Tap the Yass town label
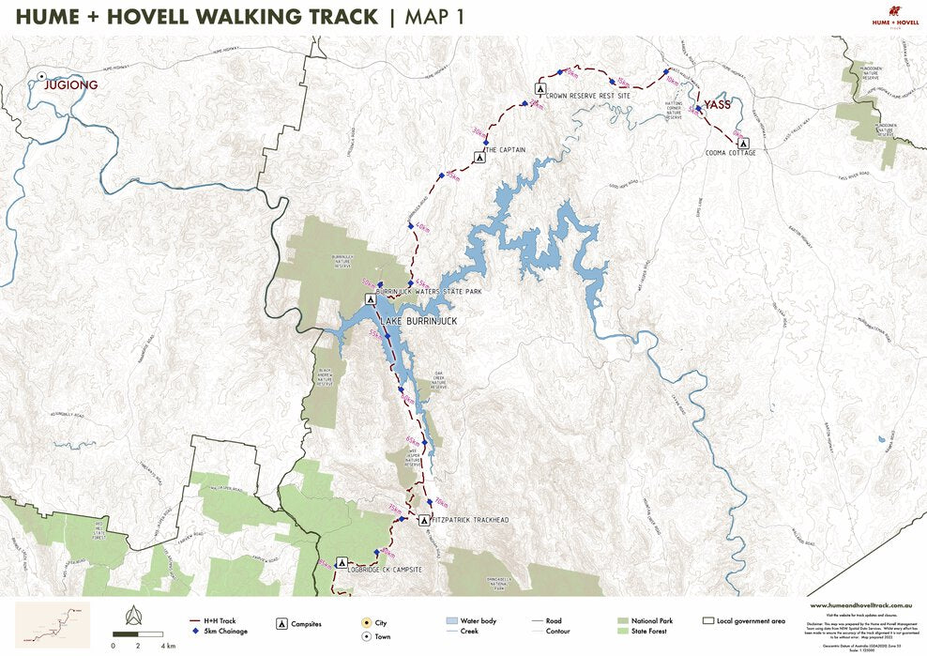[718, 105]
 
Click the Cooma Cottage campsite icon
[741, 144]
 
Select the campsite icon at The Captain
[479, 158]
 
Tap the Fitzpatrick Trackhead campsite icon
[423, 520]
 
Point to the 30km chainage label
[479, 132]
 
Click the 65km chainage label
[413, 440]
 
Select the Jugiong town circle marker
[42, 75]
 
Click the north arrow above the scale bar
[132, 615]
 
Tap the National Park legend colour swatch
[623, 621]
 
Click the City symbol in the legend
[367, 621]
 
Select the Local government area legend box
[709, 621]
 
